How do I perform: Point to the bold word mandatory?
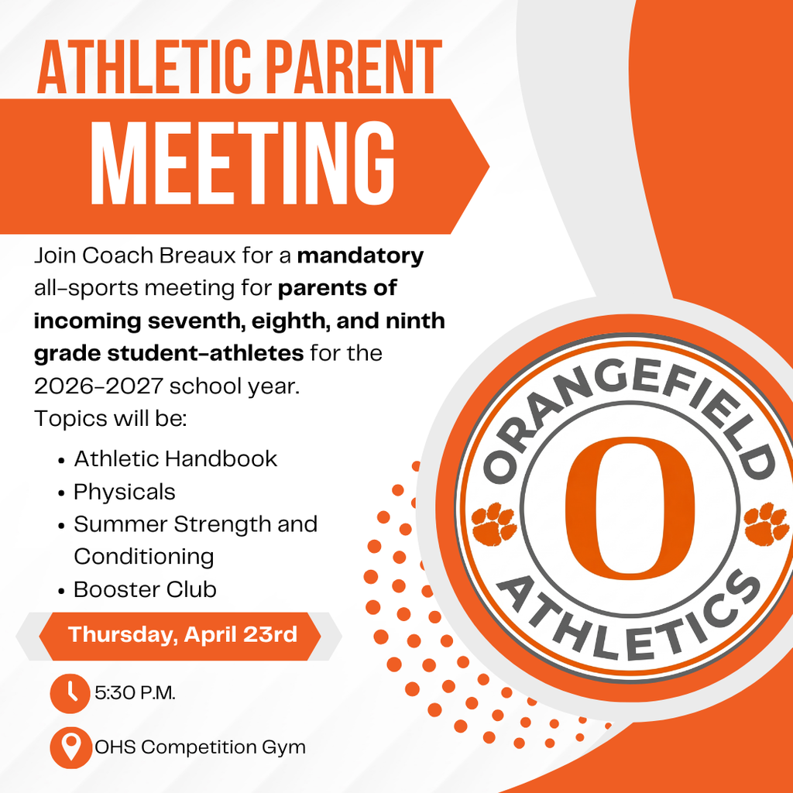click(360, 256)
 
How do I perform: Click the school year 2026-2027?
click(98, 386)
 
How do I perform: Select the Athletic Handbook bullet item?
click(175, 458)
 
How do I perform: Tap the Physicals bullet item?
click(125, 492)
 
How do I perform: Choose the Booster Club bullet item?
click(145, 589)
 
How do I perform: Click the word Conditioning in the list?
click(144, 556)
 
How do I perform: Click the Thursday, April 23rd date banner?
click(183, 635)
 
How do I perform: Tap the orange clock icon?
click(70, 692)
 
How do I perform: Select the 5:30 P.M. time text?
click(136, 692)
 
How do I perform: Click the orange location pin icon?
click(70, 747)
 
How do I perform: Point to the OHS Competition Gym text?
click(200, 747)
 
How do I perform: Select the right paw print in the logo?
click(765, 524)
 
